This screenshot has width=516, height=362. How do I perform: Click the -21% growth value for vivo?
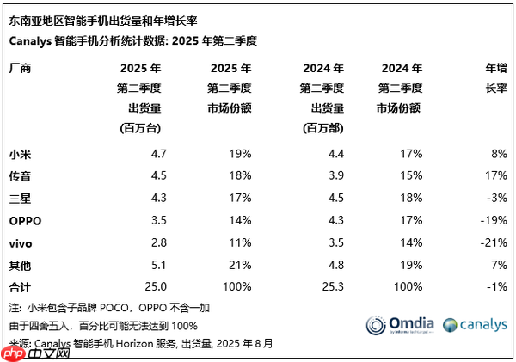coord(494,243)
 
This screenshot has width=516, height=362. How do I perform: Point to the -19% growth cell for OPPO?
coord(494,221)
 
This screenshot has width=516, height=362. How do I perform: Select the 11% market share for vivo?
coord(240,243)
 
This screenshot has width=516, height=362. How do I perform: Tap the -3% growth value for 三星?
coord(497,199)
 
